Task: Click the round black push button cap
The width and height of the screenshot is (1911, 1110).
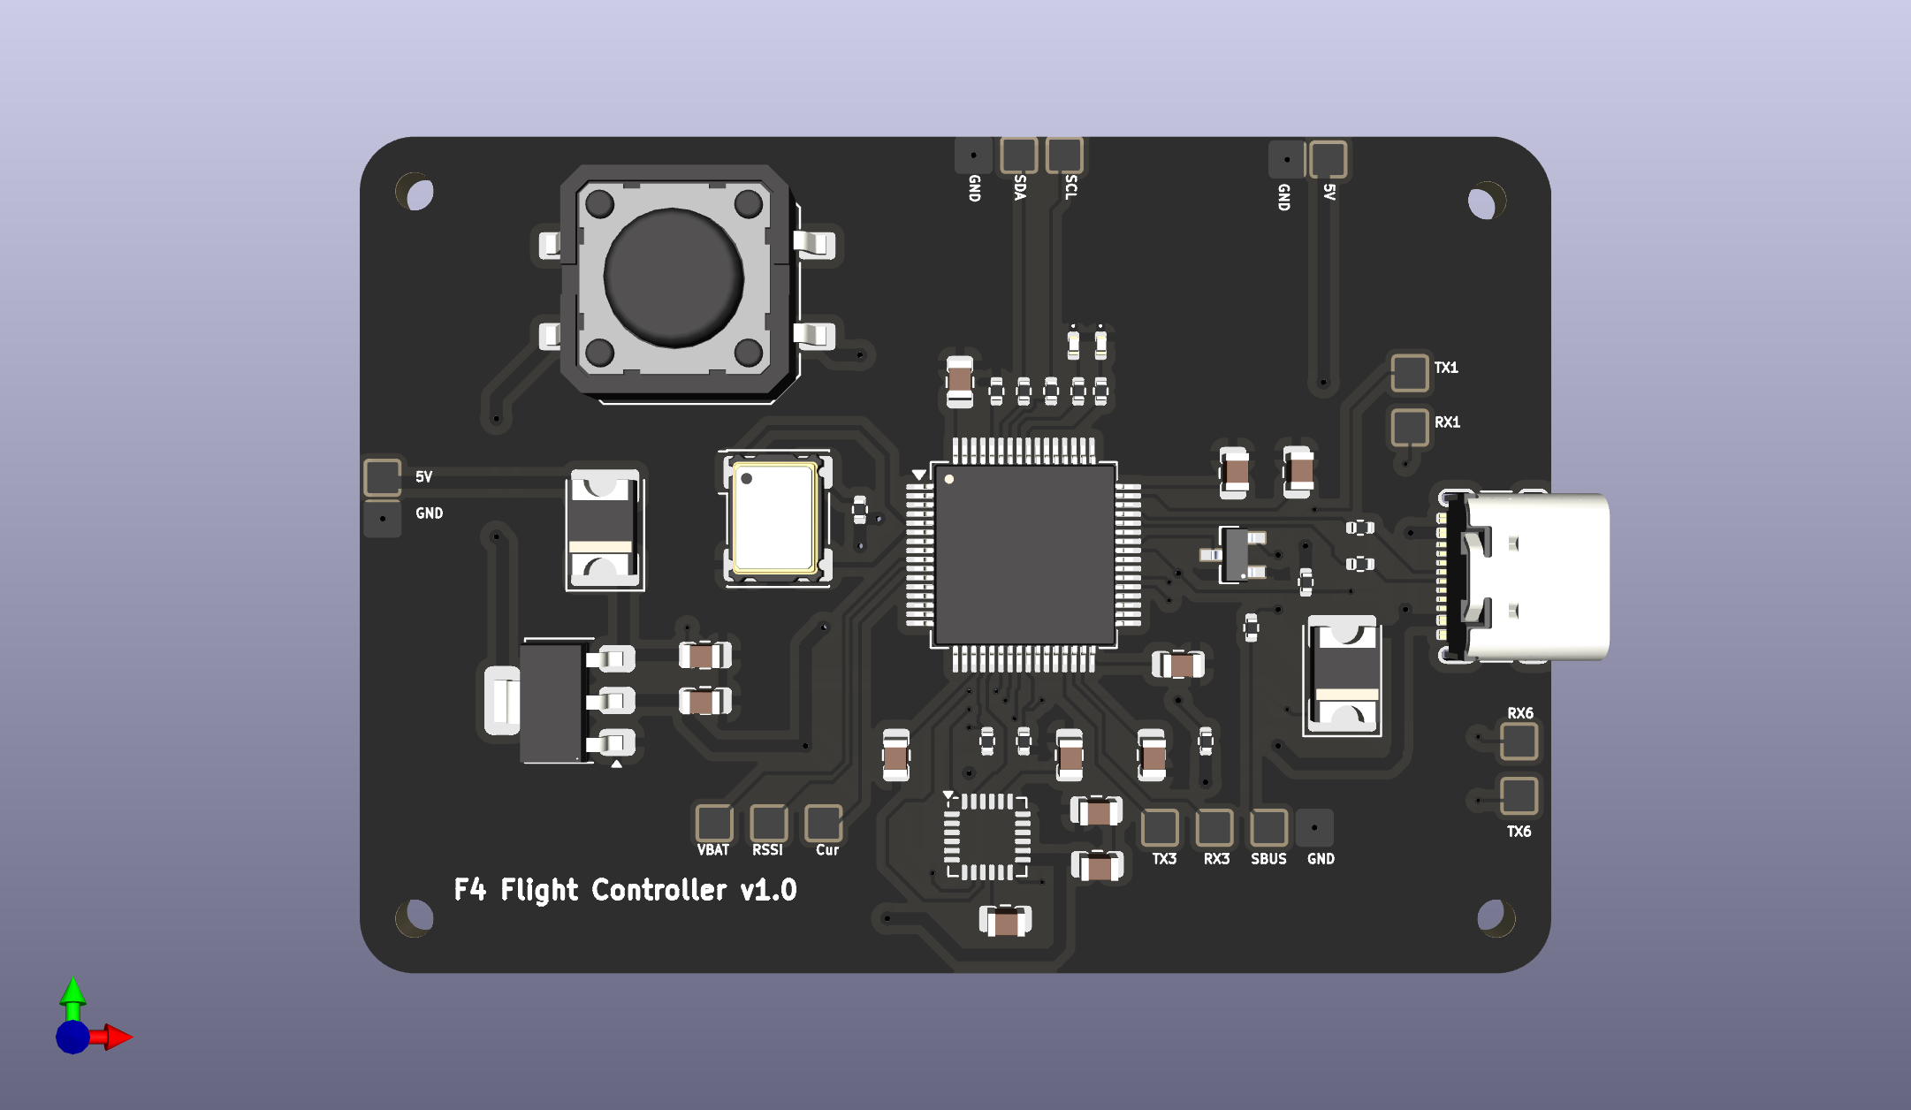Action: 674,277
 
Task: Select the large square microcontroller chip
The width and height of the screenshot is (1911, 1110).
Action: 1024,554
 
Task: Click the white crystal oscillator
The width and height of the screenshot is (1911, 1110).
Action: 775,517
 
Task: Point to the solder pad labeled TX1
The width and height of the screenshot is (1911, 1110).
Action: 1409,372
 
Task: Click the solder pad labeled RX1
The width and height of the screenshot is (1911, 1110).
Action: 1409,427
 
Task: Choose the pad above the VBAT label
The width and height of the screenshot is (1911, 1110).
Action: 713,823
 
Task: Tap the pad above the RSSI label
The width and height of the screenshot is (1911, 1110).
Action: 768,823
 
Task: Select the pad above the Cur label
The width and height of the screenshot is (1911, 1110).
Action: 823,823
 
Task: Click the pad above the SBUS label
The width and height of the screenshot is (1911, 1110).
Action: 1268,828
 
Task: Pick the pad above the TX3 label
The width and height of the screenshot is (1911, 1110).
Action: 1160,828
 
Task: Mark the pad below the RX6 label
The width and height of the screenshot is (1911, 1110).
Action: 1519,741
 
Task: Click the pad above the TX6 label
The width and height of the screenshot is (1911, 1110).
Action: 1519,795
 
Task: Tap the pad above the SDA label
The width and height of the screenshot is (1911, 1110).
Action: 1018,156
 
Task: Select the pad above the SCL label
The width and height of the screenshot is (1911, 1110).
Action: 1064,156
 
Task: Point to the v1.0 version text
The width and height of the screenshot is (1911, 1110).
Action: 769,890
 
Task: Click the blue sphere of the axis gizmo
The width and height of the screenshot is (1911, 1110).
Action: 72,1037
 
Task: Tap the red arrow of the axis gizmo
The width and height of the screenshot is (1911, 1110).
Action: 117,1037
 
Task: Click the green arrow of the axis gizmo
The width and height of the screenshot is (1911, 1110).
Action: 72,992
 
